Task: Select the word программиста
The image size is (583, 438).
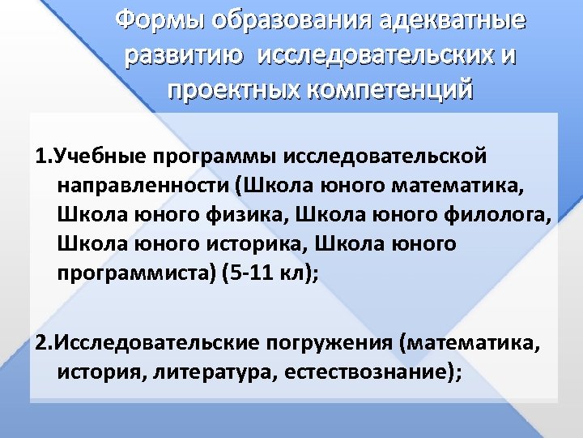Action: point(132,273)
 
